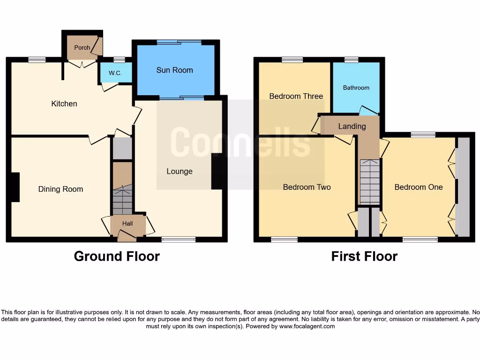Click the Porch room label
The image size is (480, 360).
coord(82,47)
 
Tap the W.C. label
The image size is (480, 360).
coord(115,73)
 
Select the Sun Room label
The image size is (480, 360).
coord(174,70)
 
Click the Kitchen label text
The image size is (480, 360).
coord(64,104)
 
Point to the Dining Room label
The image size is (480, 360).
coord(60,189)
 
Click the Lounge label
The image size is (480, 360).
coord(180,171)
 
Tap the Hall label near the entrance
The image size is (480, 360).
coord(127,224)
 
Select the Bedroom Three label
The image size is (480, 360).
coord(296,96)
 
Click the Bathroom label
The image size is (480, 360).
coord(356,88)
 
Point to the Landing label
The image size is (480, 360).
coord(352,126)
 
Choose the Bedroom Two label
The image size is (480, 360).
coord(307,187)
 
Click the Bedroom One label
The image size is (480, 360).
coord(418,187)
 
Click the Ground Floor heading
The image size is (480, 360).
coord(117,256)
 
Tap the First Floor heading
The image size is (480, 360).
coord(364,256)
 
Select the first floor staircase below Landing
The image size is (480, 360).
coord(369,181)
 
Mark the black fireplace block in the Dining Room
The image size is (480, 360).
coord(15,187)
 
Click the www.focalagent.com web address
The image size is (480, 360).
coord(307,326)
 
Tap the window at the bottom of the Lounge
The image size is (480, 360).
coord(179,240)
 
